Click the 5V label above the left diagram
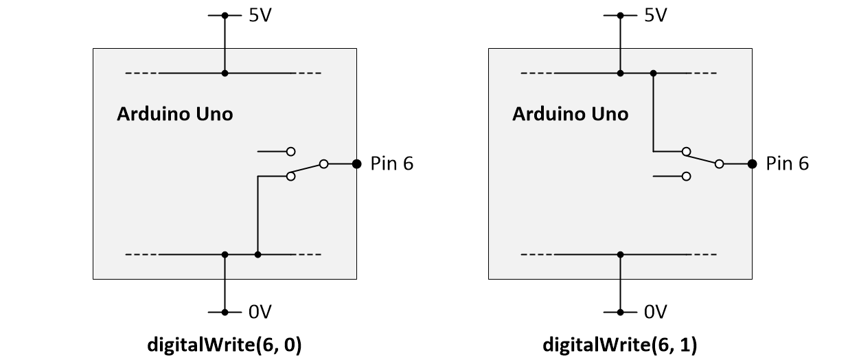pyautogui.click(x=260, y=15)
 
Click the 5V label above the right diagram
pyautogui.click(x=655, y=15)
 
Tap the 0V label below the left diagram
pyautogui.click(x=260, y=313)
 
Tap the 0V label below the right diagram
pyautogui.click(x=656, y=313)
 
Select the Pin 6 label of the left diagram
pyautogui.click(x=392, y=164)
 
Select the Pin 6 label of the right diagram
pyautogui.click(x=788, y=164)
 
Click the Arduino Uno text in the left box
pyautogui.click(x=174, y=114)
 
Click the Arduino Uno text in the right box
pyautogui.click(x=570, y=114)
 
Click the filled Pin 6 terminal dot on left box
pyautogui.click(x=356, y=164)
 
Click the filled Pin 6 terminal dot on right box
pyautogui.click(x=752, y=164)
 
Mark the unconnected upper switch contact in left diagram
pyautogui.click(x=291, y=150)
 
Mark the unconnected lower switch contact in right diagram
pyautogui.click(x=686, y=177)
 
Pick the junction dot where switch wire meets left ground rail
pyautogui.click(x=257, y=255)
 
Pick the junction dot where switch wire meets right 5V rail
pyautogui.click(x=653, y=73)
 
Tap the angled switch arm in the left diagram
pyautogui.click(x=307, y=170)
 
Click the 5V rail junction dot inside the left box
pyautogui.click(x=225, y=73)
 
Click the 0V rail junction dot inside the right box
pyautogui.click(x=620, y=255)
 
